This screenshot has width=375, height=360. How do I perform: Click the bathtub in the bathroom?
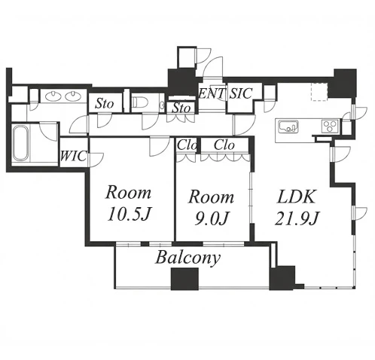pyautogui.click(x=20, y=143)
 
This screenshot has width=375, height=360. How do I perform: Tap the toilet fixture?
pyautogui.click(x=137, y=102)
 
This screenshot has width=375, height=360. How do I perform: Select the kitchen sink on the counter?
pyautogui.click(x=288, y=127)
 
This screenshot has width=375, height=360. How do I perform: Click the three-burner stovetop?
pyautogui.click(x=330, y=126)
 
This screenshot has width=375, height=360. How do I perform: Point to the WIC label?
pyautogui.click(x=74, y=157)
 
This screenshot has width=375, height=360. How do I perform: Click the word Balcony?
pyautogui.click(x=188, y=258)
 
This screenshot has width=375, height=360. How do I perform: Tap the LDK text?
pyautogui.click(x=296, y=197)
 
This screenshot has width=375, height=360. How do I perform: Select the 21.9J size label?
pyautogui.click(x=297, y=218)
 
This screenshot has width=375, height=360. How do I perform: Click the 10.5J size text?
pyautogui.click(x=129, y=214)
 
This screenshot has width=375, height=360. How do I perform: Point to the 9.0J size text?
pyautogui.click(x=212, y=218)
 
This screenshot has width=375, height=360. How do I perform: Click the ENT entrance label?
pyautogui.click(x=211, y=94)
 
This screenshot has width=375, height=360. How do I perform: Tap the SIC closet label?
pyautogui.click(x=241, y=93)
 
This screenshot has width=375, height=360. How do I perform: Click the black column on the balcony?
pyautogui.click(x=184, y=279)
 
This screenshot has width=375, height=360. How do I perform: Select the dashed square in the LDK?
pyautogui.click(x=320, y=91)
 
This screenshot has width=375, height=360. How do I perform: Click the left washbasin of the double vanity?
pyautogui.click(x=53, y=95)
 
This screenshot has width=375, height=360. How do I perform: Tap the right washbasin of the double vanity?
pyautogui.click(x=73, y=95)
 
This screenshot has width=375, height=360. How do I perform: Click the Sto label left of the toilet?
pyautogui.click(x=105, y=103)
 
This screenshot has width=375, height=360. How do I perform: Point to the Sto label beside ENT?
pyautogui.click(x=182, y=108)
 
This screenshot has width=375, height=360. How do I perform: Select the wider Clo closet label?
pyautogui.click(x=224, y=145)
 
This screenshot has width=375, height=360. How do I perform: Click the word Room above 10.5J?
pyautogui.click(x=129, y=193)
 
